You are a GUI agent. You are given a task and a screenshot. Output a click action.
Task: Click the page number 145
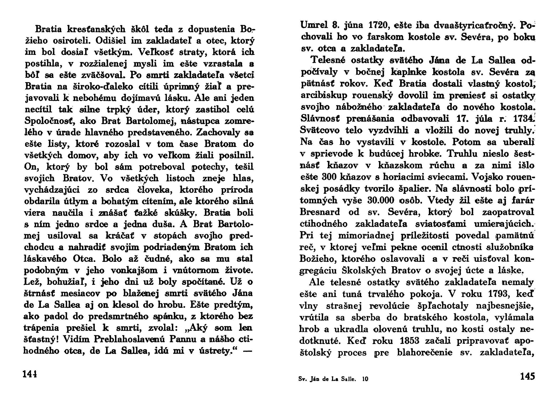click(527, 376)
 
